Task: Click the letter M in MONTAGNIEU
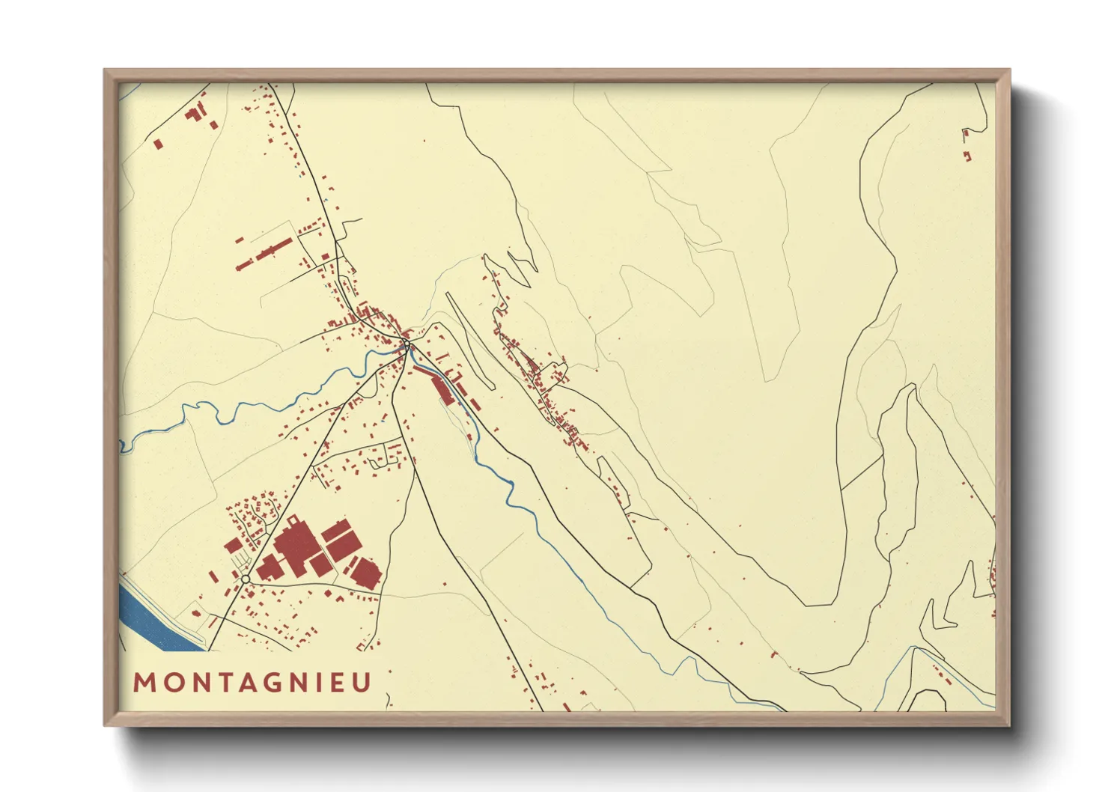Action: point(144,683)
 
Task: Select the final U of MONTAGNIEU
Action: point(362,683)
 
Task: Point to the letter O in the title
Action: point(170,683)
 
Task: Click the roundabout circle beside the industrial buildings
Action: point(245,579)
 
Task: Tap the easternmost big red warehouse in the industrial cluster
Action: point(366,572)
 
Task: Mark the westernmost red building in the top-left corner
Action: point(157,143)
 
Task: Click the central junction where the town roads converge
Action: point(405,346)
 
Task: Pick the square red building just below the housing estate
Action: point(234,545)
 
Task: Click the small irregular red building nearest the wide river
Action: point(196,613)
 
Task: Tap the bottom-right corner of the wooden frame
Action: point(1009,725)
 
